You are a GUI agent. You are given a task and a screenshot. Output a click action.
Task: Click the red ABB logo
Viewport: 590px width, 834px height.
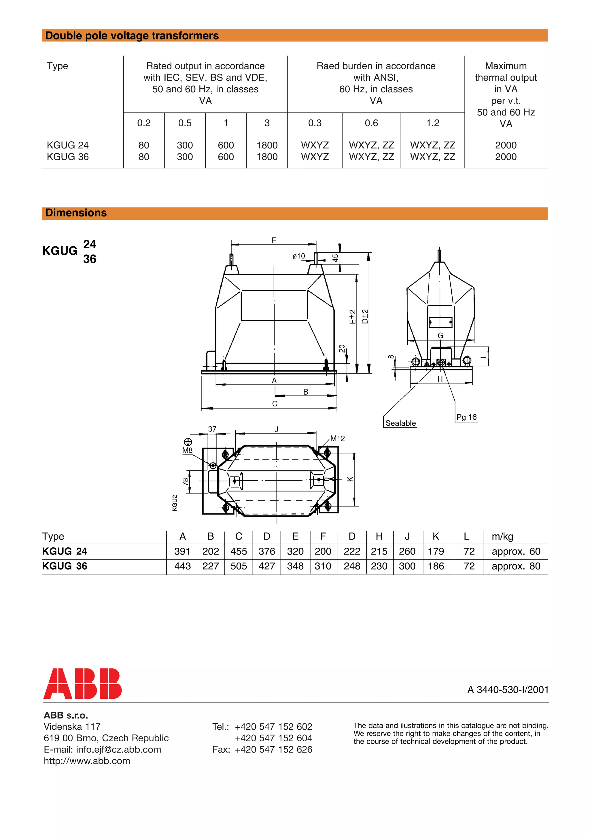pos(82,683)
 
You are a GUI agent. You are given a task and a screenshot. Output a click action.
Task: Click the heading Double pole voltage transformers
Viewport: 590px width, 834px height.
pos(132,36)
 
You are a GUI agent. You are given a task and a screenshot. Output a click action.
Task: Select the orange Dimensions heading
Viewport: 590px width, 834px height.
pos(76,213)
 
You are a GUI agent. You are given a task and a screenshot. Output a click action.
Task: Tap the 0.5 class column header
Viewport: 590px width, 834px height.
pos(185,123)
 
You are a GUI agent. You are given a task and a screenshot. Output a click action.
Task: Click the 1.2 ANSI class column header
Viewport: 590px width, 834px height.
pos(433,123)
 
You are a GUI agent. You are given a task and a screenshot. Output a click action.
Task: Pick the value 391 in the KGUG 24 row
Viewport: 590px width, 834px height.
pos(182,551)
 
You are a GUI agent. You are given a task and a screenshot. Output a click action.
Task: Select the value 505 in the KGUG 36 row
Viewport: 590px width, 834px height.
pos(239,566)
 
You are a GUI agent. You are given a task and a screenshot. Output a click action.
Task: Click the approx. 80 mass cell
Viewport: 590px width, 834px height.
pos(516,566)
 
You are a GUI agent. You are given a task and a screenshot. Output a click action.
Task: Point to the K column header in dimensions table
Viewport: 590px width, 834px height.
pos(436,536)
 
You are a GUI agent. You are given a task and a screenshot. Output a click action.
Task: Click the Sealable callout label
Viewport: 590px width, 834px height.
pos(400,423)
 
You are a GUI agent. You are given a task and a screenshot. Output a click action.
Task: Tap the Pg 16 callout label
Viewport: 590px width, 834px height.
pos(466,417)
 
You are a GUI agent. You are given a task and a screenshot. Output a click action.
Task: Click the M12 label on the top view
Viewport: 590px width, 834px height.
pos(337,438)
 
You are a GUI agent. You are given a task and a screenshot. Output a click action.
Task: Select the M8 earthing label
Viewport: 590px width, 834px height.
pos(187,450)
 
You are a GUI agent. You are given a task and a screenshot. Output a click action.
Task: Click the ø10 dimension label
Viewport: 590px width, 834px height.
pos(298,256)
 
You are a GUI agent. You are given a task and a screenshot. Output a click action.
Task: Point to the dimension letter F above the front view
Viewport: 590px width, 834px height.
pos(274,240)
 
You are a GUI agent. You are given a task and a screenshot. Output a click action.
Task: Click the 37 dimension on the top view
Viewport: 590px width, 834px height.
pos(212,429)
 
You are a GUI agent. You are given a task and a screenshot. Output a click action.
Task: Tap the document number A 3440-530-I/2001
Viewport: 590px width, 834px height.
pos(508,690)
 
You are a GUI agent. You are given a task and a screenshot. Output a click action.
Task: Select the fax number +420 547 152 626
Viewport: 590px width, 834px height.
pos(273,749)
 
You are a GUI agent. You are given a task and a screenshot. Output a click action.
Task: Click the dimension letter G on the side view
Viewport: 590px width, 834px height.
pos(440,336)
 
